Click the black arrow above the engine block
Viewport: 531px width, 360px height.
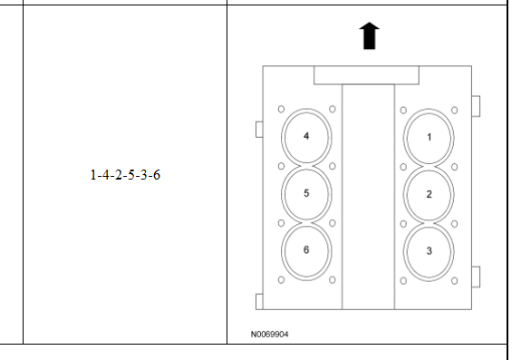click(369, 36)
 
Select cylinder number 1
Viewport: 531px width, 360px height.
click(429, 137)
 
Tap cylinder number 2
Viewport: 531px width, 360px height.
click(429, 194)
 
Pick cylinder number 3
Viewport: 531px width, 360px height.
click(429, 251)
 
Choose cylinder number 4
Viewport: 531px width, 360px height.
click(306, 136)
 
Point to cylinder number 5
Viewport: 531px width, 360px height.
click(306, 193)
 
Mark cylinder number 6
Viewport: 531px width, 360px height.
click(306, 250)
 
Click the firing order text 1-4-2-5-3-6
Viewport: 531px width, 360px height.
click(125, 175)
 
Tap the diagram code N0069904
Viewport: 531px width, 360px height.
click(269, 335)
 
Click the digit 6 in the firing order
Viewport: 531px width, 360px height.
click(157, 175)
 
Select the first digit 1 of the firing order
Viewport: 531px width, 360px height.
click(93, 175)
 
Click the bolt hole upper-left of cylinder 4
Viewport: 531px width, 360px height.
click(281, 109)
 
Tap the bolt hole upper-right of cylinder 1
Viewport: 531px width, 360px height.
click(455, 110)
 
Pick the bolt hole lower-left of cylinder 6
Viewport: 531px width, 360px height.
click(281, 280)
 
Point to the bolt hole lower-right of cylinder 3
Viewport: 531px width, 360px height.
click(455, 281)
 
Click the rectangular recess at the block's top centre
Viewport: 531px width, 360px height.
click(366, 75)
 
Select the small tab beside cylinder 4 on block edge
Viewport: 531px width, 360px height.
click(259, 130)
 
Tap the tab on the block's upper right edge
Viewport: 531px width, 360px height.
click(476, 106)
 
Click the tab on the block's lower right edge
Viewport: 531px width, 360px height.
click(476, 277)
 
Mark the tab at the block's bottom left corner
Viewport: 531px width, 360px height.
click(259, 302)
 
